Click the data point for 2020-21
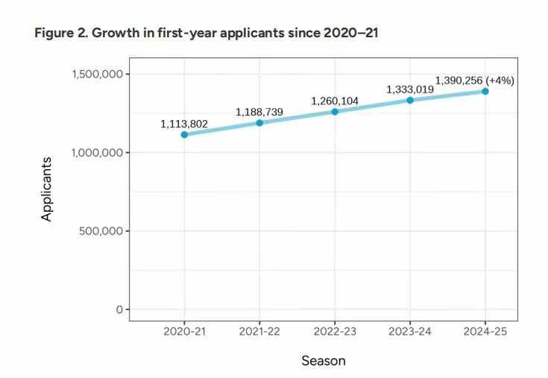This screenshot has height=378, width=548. coord(184,134)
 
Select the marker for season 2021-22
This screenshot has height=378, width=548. coord(259,122)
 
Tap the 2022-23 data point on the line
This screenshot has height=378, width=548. coord(335,111)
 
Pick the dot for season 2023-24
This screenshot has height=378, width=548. coord(410,100)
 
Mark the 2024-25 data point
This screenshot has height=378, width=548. coord(485,91)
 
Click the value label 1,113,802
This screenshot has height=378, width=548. coord(184,124)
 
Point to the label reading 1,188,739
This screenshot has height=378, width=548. coord(259,112)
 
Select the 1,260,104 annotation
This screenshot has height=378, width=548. coord(335,101)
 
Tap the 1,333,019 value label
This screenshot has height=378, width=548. coord(410,89)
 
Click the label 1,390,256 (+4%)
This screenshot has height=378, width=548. coord(474,81)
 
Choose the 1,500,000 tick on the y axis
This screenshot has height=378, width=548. coord(98,74)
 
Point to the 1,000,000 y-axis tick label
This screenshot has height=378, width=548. coord(98,152)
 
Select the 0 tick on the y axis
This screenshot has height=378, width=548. coord(119,309)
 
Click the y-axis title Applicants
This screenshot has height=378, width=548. coord(47,189)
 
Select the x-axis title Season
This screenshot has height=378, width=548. coord(324,361)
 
